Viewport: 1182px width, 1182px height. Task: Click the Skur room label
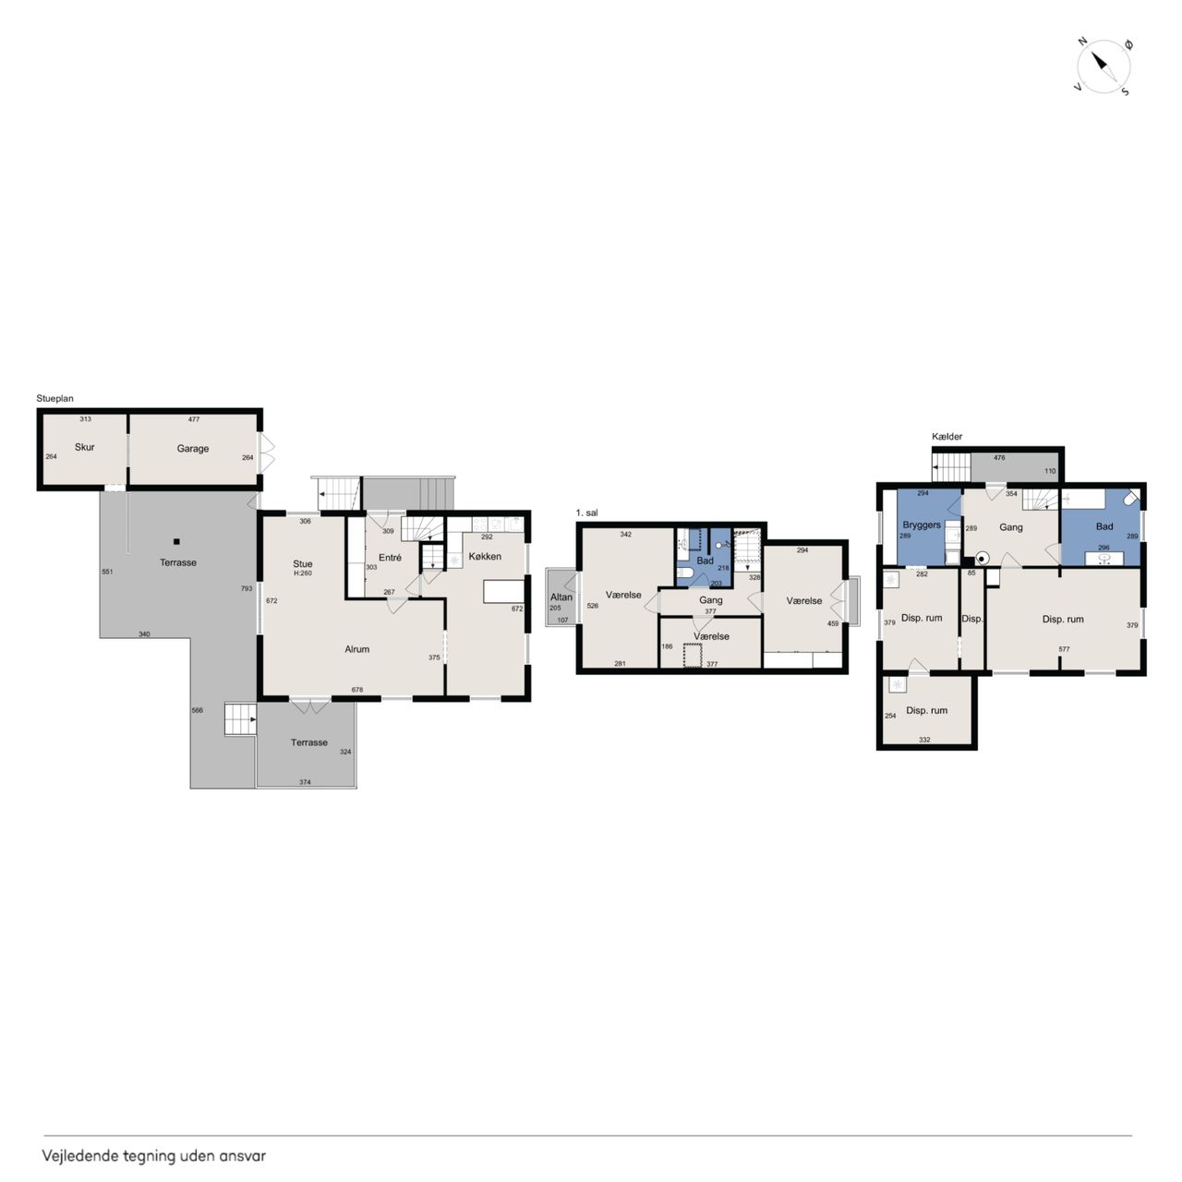pyautogui.click(x=85, y=447)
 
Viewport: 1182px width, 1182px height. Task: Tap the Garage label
pyautogui.click(x=193, y=449)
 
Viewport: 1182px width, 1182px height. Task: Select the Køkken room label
pyautogui.click(x=485, y=556)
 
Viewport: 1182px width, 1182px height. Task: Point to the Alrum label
pyautogui.click(x=357, y=649)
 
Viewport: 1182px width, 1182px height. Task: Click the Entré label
pyautogui.click(x=390, y=558)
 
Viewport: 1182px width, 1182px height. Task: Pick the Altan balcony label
pyautogui.click(x=561, y=597)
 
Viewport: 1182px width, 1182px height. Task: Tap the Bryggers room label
pyautogui.click(x=922, y=525)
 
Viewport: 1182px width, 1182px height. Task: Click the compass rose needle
pyautogui.click(x=1104, y=66)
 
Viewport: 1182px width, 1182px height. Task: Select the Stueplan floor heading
pyautogui.click(x=54, y=399)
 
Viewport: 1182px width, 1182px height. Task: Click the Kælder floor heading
pyautogui.click(x=947, y=437)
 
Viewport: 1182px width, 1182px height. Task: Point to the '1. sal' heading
pyautogui.click(x=587, y=513)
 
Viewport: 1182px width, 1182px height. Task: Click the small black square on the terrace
pyautogui.click(x=176, y=542)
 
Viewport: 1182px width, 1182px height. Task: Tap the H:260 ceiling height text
pyautogui.click(x=303, y=573)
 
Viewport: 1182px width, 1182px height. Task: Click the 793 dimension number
pyautogui.click(x=247, y=588)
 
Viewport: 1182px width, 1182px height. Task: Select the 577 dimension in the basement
pyautogui.click(x=1064, y=649)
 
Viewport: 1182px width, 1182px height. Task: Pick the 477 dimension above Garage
pyautogui.click(x=194, y=419)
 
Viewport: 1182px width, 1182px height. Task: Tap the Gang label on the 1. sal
pyautogui.click(x=711, y=600)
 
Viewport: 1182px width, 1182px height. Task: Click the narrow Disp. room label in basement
pyautogui.click(x=972, y=619)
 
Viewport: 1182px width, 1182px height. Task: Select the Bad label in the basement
pyautogui.click(x=1104, y=526)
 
